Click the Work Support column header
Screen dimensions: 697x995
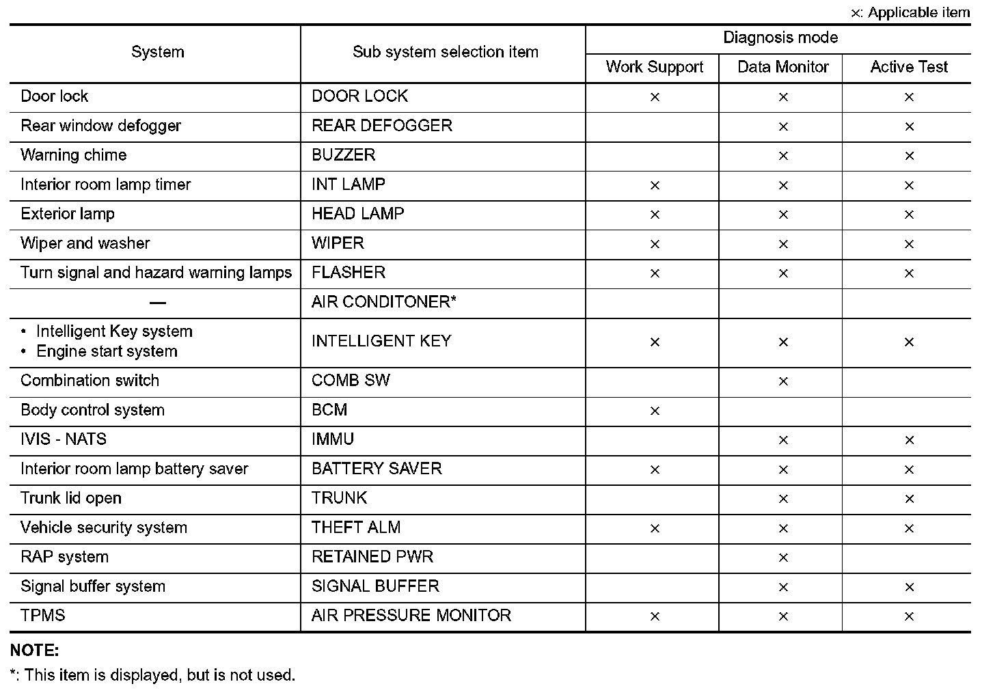654,67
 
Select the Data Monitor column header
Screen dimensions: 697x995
782,67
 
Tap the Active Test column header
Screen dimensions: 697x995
908,67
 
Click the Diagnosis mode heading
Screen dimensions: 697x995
780,38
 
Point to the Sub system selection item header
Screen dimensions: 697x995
445,52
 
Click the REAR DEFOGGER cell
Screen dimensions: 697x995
381,126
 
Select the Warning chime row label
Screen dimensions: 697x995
73,155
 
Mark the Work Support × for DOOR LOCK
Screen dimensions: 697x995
655,97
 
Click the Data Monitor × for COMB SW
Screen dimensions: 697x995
783,381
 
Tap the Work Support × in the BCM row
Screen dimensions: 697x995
655,411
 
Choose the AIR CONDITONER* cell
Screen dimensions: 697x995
383,302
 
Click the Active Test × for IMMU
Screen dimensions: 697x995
909,440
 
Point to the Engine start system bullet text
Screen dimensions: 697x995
107,351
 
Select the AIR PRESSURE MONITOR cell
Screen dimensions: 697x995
411,616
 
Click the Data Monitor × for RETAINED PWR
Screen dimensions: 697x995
783,558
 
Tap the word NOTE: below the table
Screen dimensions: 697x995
34,651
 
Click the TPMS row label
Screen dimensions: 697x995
42,616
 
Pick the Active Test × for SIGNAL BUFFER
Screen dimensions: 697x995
909,587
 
